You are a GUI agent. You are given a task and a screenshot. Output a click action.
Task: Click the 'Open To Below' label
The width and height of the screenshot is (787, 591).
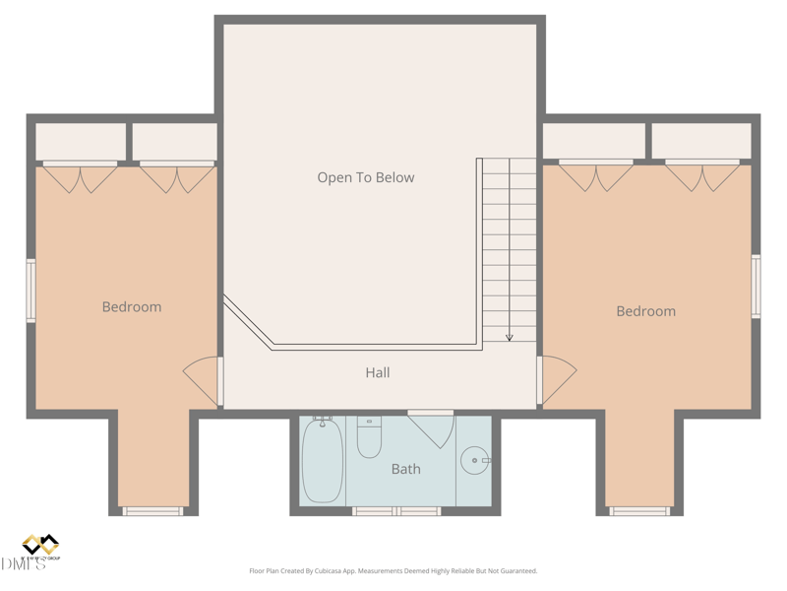click(365, 177)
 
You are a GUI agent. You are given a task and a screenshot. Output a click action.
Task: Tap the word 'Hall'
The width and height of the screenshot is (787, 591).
click(378, 372)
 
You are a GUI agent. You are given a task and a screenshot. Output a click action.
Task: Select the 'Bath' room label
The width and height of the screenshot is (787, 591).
click(405, 469)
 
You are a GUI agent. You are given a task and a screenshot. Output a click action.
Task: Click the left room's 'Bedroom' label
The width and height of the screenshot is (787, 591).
click(132, 306)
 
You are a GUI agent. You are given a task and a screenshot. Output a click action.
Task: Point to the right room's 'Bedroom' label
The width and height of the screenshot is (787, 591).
click(645, 311)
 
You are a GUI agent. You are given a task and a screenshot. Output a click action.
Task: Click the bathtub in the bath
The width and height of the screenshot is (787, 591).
click(323, 461)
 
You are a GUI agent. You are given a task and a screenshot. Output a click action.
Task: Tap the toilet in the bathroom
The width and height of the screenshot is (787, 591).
click(369, 438)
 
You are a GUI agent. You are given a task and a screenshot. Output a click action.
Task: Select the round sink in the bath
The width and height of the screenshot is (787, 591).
click(475, 460)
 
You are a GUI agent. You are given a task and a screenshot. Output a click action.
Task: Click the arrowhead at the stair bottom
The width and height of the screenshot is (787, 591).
click(510, 337)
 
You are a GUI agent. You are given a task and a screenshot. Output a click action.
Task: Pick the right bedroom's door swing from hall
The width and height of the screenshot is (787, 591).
click(556, 380)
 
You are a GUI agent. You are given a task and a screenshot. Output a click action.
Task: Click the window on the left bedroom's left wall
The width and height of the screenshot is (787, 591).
click(31, 291)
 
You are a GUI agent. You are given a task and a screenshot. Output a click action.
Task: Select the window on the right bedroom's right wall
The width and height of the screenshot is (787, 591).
click(756, 287)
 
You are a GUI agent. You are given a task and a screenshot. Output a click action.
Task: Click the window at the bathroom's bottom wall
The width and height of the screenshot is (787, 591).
click(396, 511)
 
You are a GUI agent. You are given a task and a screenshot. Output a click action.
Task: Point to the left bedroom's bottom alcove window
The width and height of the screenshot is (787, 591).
click(152, 511)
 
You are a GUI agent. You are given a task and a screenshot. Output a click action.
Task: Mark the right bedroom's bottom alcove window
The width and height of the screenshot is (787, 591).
click(639, 511)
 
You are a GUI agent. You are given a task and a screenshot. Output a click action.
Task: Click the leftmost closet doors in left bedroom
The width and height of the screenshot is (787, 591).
click(80, 177)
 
